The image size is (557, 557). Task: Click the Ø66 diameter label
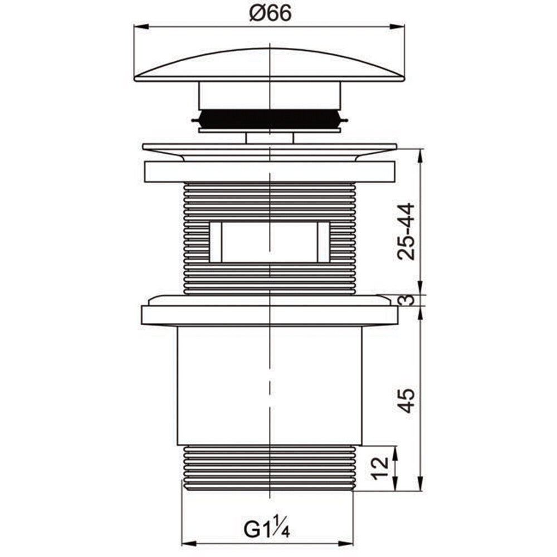pyautogui.click(x=270, y=13)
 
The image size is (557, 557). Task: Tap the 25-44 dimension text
pyautogui.click(x=406, y=232)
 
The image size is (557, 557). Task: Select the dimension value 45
pyautogui.click(x=406, y=400)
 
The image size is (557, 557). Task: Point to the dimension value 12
pyautogui.click(x=380, y=468)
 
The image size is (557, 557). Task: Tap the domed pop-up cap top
pyautogui.click(x=270, y=65)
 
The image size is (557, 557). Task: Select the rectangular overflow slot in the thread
pyautogui.click(x=270, y=243)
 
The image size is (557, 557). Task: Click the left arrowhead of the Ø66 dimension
pyautogui.click(x=141, y=27)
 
